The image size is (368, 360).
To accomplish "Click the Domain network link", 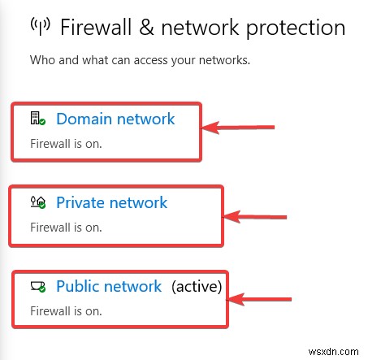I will tap(115, 119).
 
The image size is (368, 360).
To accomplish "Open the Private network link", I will tap(111, 203).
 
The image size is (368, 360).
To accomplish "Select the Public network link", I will tap(109, 287).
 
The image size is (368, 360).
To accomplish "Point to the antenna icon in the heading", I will tap(40, 28).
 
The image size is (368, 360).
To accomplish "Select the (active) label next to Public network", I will tap(196, 287).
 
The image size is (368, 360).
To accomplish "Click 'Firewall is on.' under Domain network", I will tap(67, 144).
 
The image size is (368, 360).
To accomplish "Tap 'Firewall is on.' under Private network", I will tap(67, 228).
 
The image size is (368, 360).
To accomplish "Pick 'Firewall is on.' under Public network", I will tap(67, 311).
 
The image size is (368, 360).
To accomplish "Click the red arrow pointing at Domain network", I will tap(239, 128).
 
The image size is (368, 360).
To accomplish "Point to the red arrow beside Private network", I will tap(255, 217).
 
